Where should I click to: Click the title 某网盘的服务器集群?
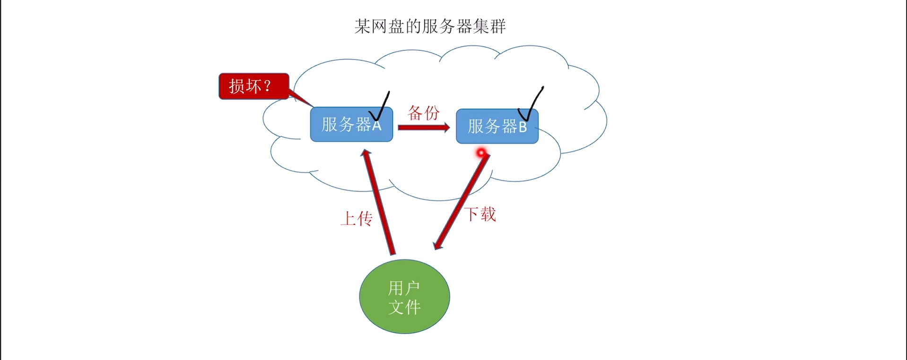pyautogui.click(x=430, y=26)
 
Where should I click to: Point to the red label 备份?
pyautogui.click(x=423, y=113)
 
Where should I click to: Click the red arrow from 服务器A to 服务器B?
pyautogui.click(x=421, y=127)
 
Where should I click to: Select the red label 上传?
pyautogui.click(x=357, y=219)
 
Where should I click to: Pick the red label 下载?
pyautogui.click(x=480, y=214)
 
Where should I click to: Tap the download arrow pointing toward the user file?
pyautogui.click(x=461, y=201)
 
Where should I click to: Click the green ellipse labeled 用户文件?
pyautogui.click(x=404, y=297)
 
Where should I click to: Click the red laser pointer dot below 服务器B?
pyautogui.click(x=481, y=153)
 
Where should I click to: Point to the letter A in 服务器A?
pyautogui.click(x=376, y=125)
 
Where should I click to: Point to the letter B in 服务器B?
pyautogui.click(x=523, y=127)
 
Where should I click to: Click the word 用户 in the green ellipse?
pyautogui.click(x=404, y=288)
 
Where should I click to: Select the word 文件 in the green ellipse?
pyautogui.click(x=404, y=307)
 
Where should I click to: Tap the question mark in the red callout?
pyautogui.click(x=267, y=86)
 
